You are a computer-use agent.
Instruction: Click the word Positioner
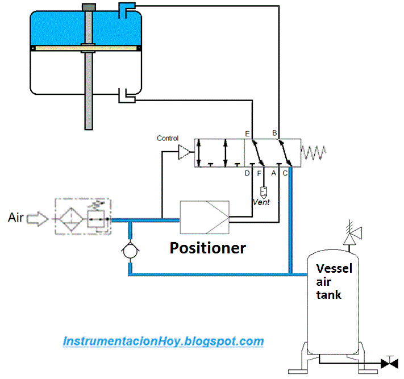click(x=208, y=248)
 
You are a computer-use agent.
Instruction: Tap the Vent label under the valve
click(x=261, y=202)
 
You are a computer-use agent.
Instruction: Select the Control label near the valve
click(x=168, y=138)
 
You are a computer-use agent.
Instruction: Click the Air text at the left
click(x=16, y=217)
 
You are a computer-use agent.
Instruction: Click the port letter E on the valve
click(x=247, y=134)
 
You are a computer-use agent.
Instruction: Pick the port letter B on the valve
click(x=274, y=134)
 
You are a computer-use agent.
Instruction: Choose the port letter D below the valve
click(x=247, y=173)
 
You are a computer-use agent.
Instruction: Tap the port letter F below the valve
click(x=259, y=173)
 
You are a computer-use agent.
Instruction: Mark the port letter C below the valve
click(x=285, y=173)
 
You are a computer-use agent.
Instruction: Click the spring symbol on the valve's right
click(x=314, y=152)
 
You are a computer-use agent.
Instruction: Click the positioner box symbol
click(x=204, y=217)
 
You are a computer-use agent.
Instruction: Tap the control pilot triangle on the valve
click(x=185, y=152)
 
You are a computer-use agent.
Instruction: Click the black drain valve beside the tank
click(x=389, y=362)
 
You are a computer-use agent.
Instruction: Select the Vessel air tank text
click(x=334, y=281)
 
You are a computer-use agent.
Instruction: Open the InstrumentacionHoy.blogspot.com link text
click(x=163, y=341)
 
